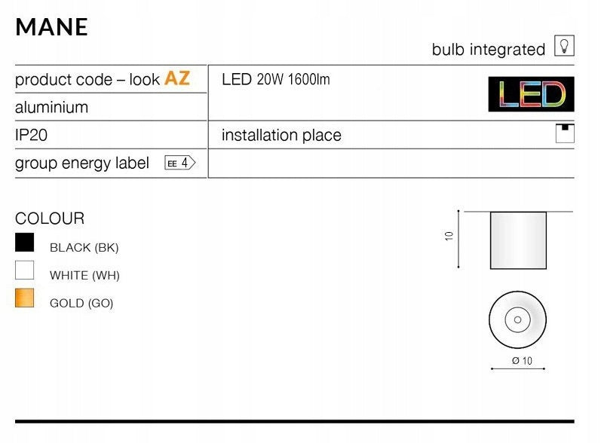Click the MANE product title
(52, 27)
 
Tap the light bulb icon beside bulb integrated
(564, 46)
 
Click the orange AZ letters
(177, 78)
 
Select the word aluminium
(52, 107)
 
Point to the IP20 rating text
(31, 135)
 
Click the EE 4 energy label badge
(179, 163)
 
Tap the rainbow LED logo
(531, 94)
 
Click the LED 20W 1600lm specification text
(275, 79)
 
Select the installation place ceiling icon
(565, 133)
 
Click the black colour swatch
(25, 243)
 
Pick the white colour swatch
(25, 270)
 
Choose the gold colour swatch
(25, 298)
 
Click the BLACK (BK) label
(84, 248)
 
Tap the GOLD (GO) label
(81, 304)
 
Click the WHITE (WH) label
(84, 275)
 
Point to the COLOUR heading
(50, 218)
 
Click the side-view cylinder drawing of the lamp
(518, 240)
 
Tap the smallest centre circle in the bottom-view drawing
(517, 319)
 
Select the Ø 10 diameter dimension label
(522, 361)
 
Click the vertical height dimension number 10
(449, 236)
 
